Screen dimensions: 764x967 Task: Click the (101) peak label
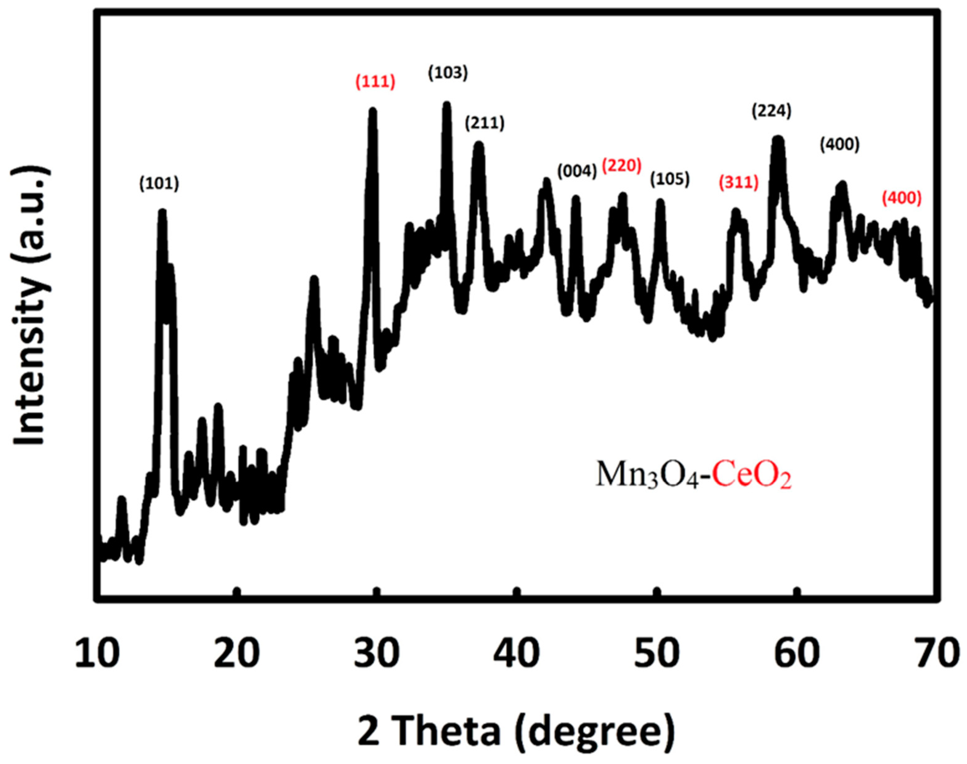pos(159,184)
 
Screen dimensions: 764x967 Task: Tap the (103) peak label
pos(448,73)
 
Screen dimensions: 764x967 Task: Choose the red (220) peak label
pos(621,165)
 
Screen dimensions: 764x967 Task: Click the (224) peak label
pos(771,111)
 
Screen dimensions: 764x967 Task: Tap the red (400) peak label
pos(902,198)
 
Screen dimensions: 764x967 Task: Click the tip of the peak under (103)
pos(446,105)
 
